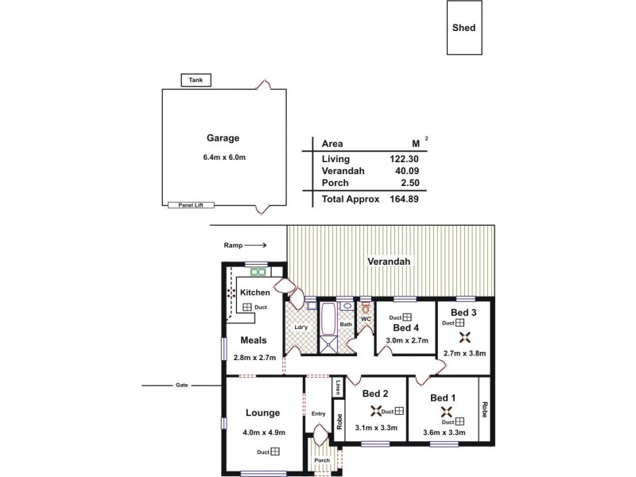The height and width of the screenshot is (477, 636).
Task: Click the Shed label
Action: point(463,27)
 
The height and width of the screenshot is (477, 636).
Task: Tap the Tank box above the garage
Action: point(195,79)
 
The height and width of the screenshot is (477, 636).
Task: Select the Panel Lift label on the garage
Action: point(185,205)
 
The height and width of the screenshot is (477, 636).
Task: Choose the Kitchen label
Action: point(255,293)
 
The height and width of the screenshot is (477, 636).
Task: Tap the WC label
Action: point(366,320)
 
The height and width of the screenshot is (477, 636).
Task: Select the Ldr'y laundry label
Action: point(301,327)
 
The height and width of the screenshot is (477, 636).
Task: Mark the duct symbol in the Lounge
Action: point(274,452)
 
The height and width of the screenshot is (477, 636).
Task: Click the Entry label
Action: point(319,413)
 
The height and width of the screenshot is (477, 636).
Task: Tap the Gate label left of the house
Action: point(182,386)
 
